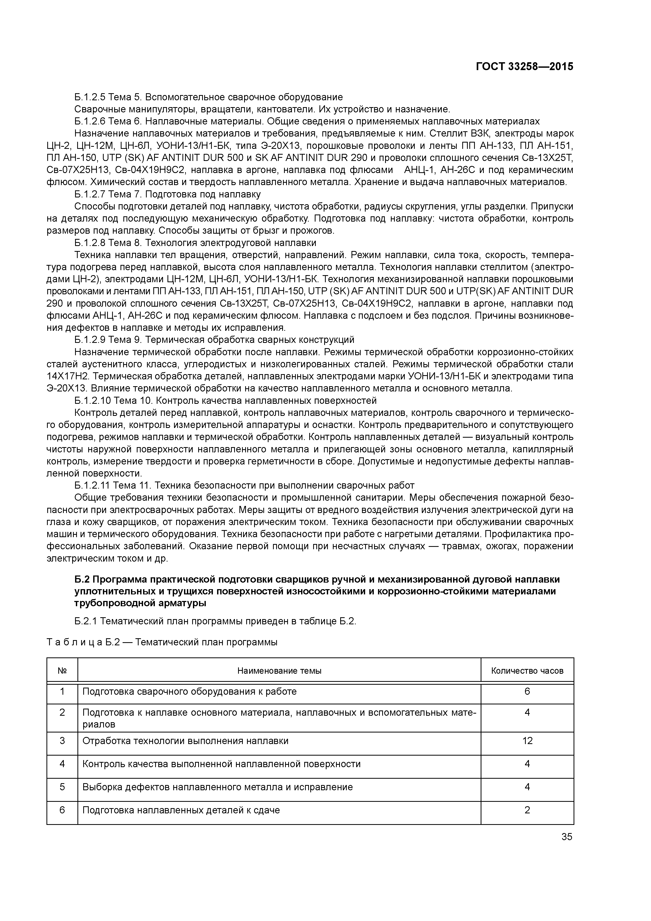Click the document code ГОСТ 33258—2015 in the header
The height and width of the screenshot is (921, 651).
(x=524, y=67)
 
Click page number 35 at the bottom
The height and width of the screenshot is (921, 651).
(x=567, y=837)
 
